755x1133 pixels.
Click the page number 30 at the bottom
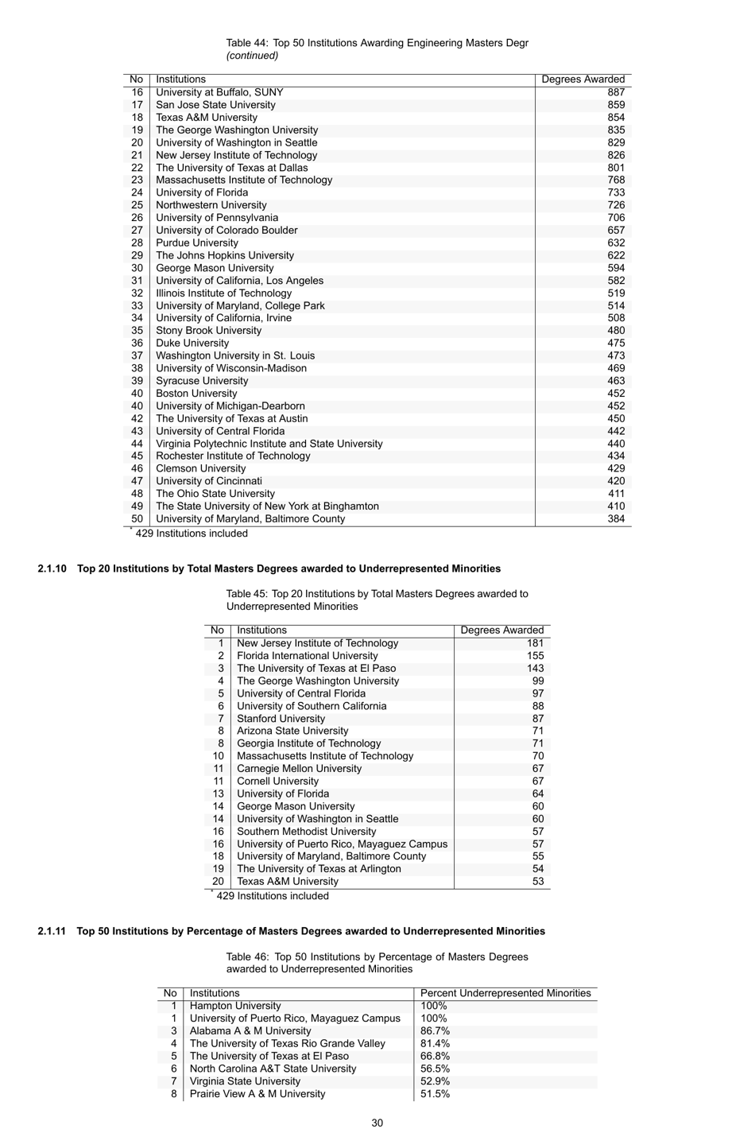[377, 1123]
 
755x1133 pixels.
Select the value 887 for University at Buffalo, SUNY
[615, 92]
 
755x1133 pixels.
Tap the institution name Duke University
[192, 343]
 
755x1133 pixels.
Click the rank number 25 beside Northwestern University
[137, 205]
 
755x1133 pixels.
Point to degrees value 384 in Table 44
[615, 518]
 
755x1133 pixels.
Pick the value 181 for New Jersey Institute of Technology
[535, 643]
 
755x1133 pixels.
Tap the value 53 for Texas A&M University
[538, 881]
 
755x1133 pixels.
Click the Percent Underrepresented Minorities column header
[505, 993]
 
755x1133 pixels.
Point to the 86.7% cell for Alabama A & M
[435, 1031]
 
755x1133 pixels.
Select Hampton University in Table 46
[235, 1006]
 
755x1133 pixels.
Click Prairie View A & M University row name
[257, 1094]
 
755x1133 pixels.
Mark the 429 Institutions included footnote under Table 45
[272, 896]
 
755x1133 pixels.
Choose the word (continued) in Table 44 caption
[252, 56]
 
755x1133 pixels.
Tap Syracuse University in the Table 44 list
[202, 381]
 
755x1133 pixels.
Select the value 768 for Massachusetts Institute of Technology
[615, 180]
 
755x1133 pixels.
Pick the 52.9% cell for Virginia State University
[435, 1081]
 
